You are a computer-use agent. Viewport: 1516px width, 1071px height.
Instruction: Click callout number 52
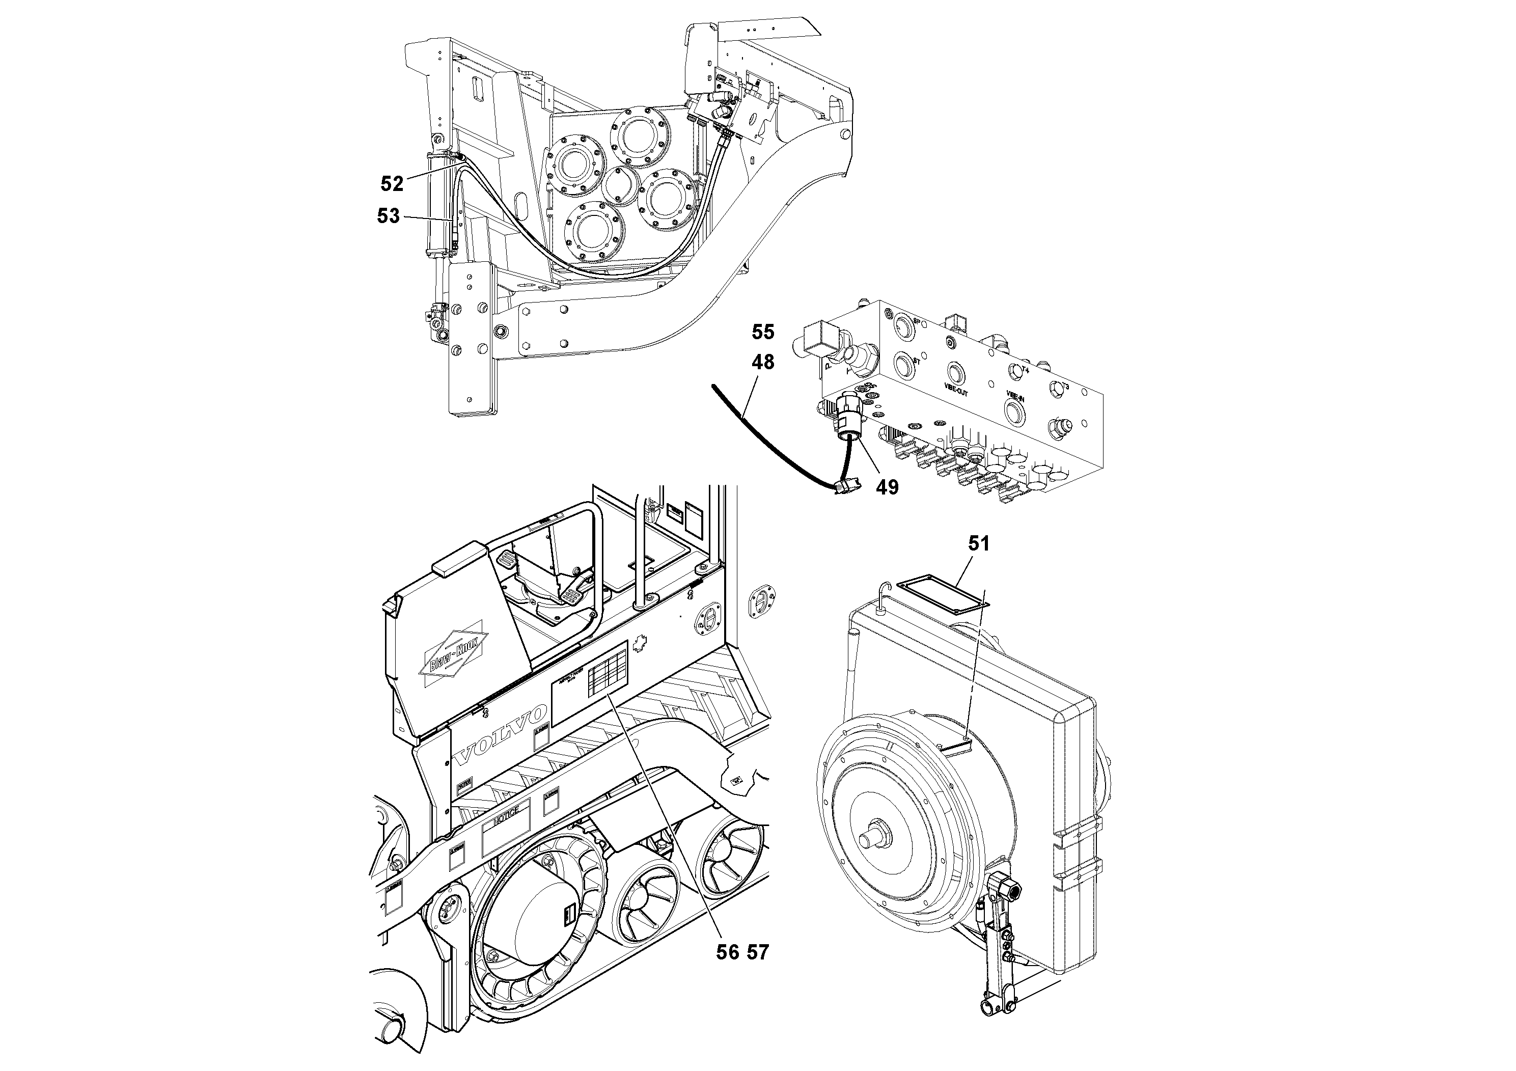coord(392,183)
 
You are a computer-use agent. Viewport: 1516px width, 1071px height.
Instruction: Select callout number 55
coord(763,332)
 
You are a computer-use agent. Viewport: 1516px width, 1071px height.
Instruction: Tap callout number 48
coord(763,362)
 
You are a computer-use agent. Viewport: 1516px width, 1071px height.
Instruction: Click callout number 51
coord(979,543)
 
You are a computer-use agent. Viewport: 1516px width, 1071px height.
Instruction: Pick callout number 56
coord(728,952)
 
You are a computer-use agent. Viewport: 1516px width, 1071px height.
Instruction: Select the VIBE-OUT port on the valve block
coord(955,372)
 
